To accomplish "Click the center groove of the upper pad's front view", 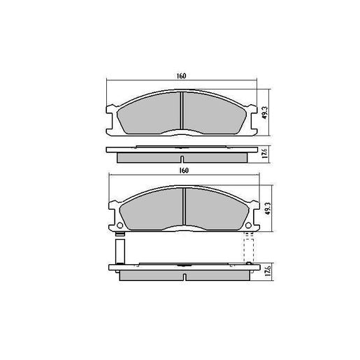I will point(183,112).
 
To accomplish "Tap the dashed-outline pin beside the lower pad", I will point(247,248).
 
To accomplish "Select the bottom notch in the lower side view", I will point(183,278).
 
